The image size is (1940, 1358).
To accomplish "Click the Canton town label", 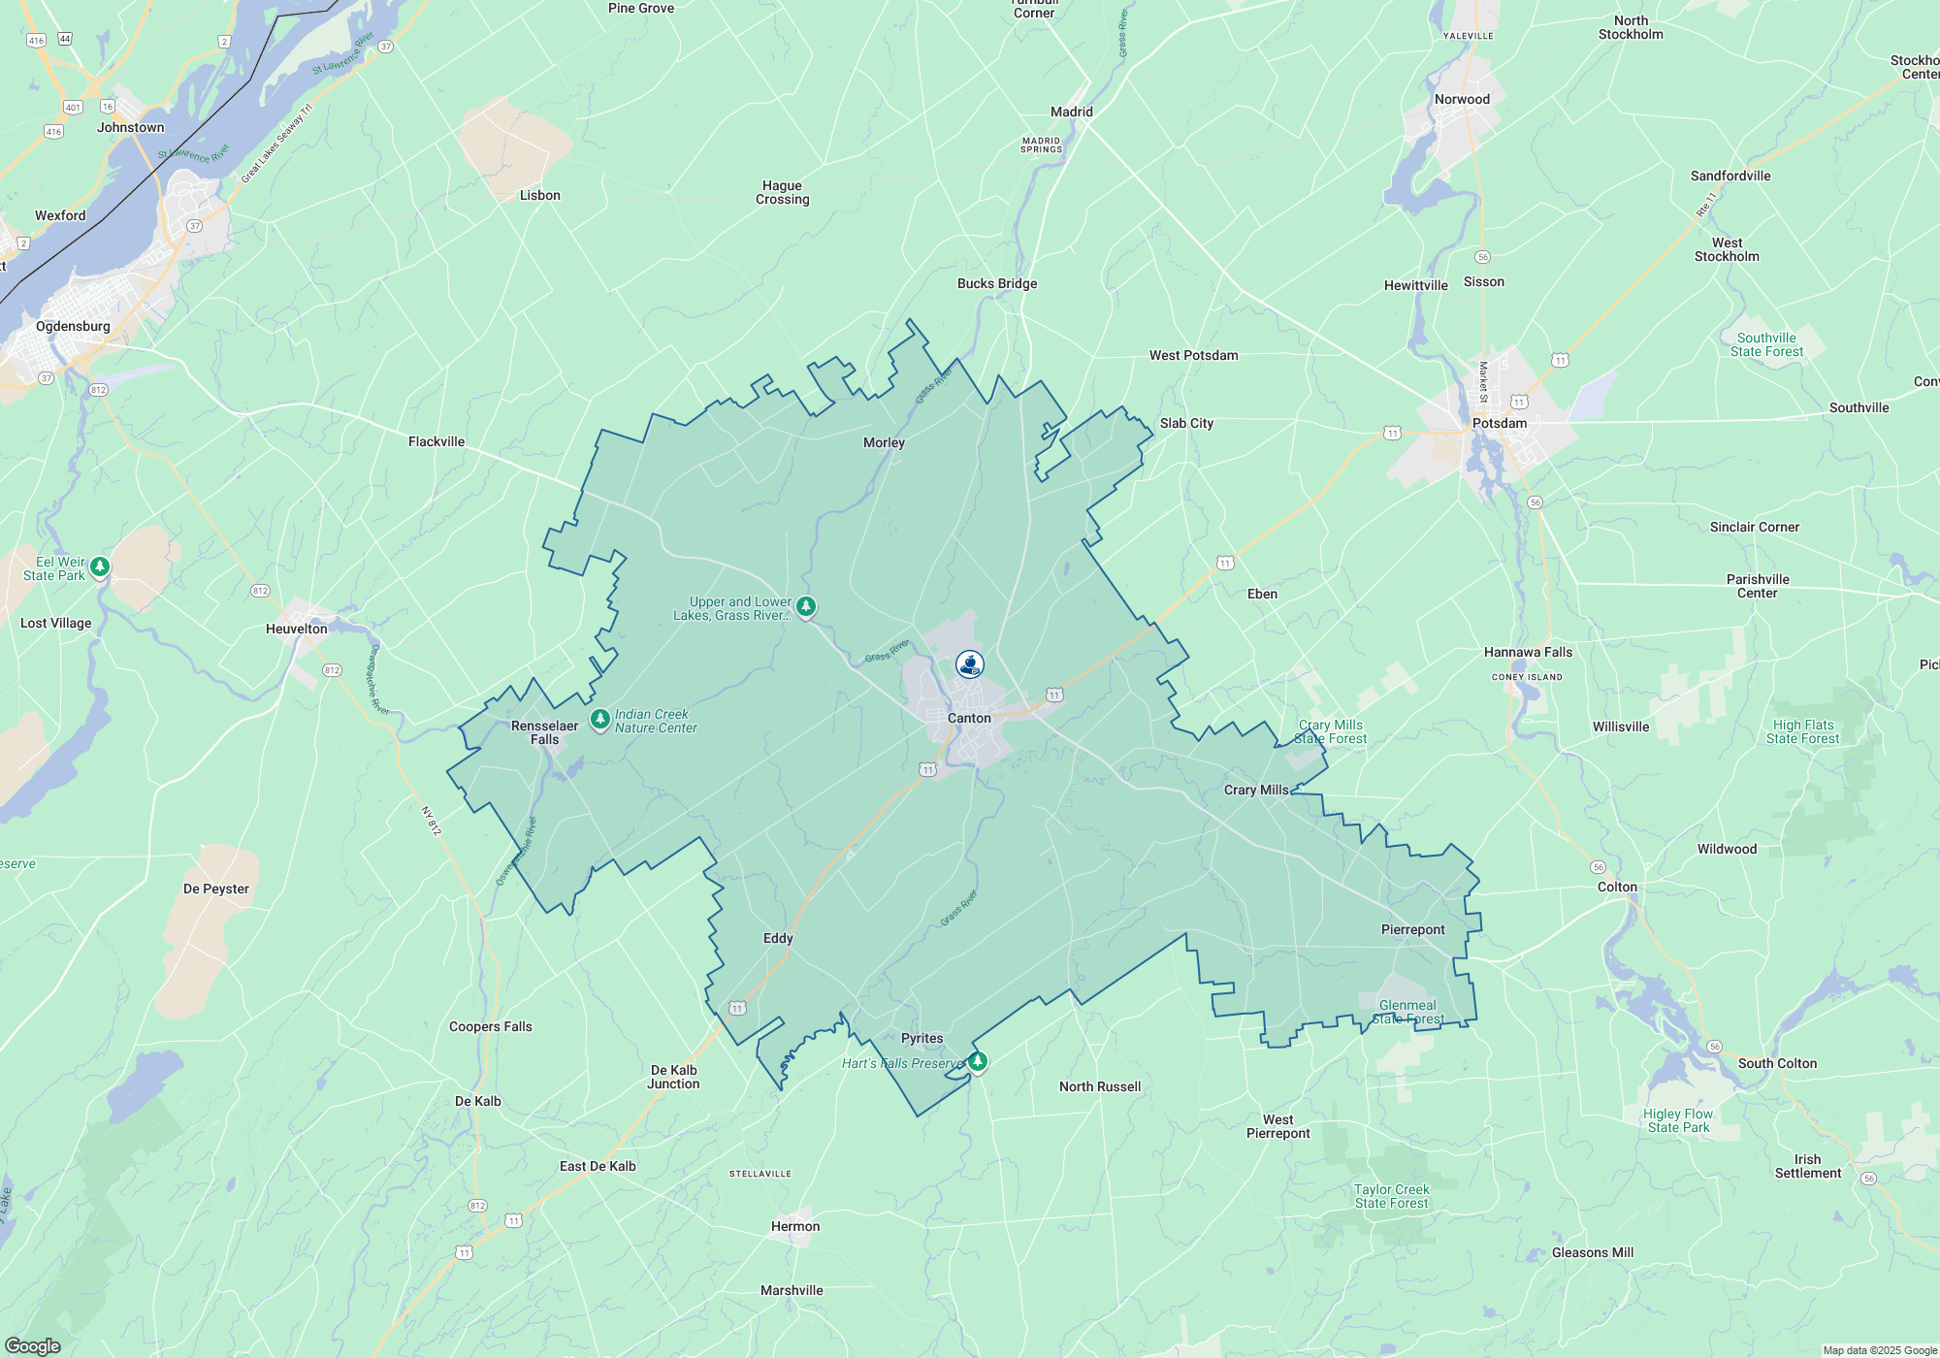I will (969, 719).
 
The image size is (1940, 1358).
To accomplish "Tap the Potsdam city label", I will (1500, 424).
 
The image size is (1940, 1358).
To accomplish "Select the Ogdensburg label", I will (73, 327).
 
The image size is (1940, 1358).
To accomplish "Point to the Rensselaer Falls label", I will (544, 732).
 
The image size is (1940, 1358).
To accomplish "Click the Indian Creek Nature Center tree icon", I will (600, 720).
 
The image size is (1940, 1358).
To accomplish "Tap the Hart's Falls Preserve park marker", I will (978, 1061).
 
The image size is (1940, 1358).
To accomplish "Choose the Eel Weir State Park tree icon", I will (99, 566).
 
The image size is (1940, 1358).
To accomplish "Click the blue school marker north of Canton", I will (970, 664).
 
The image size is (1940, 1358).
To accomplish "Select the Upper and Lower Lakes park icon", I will (806, 607).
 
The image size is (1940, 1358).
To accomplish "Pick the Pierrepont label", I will (1412, 930).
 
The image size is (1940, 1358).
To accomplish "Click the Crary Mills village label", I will (1256, 791).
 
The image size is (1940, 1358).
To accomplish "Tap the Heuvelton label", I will (297, 630).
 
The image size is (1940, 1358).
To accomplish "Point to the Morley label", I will (884, 443).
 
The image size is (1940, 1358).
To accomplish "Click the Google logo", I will (32, 1346).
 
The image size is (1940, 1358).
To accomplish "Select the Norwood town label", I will (1462, 100).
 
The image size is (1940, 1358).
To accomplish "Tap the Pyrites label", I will (921, 1039).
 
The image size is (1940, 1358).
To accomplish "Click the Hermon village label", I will (795, 1227).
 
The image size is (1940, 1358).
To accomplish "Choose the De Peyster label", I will (216, 889).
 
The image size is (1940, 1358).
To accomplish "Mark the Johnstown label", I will (131, 128).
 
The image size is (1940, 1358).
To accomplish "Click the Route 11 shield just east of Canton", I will (1054, 695).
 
